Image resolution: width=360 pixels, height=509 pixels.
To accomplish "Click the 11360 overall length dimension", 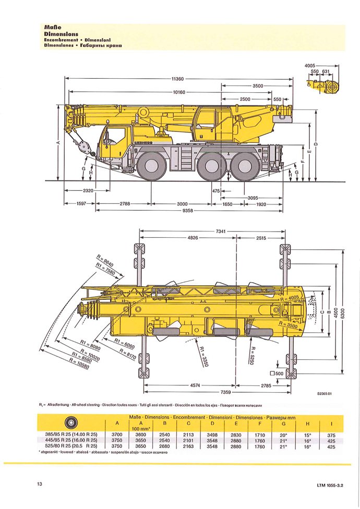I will click(177, 79).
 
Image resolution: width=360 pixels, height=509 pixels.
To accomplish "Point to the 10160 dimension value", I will click(178, 92).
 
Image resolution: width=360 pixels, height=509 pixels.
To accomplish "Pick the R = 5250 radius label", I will click(252, 356).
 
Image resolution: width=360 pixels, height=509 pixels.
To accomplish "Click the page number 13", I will click(40, 484).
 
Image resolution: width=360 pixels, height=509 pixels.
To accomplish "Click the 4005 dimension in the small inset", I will click(312, 65).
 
